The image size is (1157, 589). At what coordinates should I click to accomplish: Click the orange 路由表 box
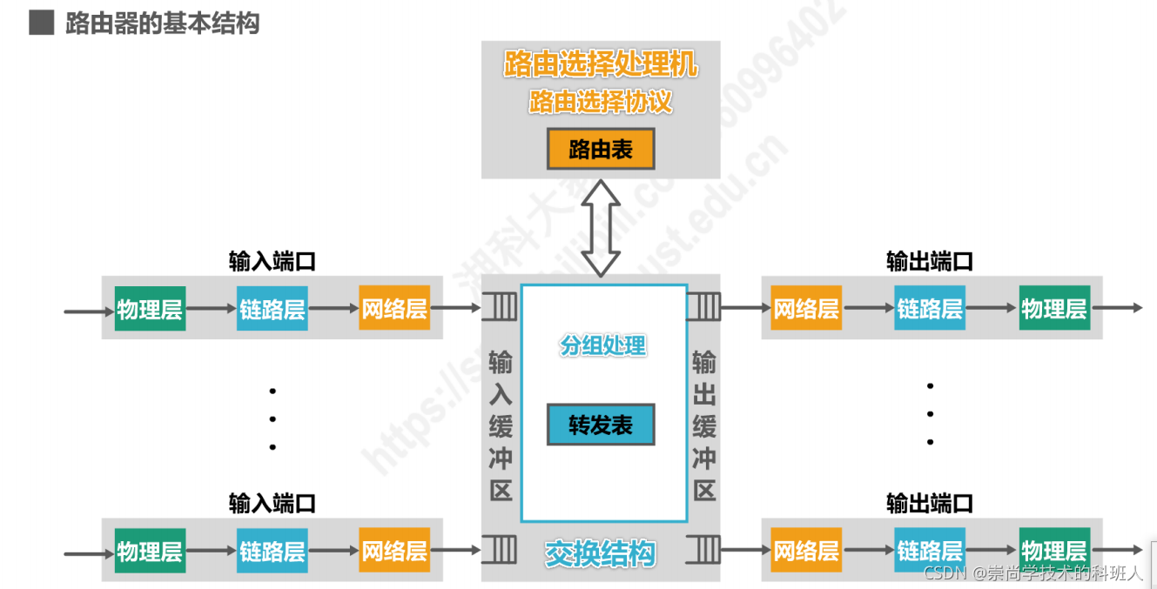[x=601, y=150]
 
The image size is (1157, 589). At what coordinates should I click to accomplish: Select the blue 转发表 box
[x=601, y=425]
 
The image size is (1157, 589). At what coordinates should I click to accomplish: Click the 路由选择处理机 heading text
[x=601, y=64]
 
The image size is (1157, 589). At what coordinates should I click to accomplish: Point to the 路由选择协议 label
[x=601, y=103]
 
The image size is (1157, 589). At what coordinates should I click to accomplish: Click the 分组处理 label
[x=602, y=345]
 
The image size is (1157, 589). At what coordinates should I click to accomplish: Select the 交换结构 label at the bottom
[x=601, y=553]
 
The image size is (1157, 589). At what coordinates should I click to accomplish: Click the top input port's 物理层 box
[x=150, y=308]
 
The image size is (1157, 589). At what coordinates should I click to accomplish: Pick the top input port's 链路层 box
[x=272, y=308]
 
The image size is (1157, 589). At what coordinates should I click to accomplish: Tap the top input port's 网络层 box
[x=395, y=308]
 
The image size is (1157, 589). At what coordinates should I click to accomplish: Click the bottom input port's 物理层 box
[x=150, y=551]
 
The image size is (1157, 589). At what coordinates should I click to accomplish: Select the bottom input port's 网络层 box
[x=395, y=551]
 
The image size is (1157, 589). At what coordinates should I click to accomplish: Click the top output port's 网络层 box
[x=806, y=308]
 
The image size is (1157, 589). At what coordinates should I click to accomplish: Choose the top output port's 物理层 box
[x=1054, y=308]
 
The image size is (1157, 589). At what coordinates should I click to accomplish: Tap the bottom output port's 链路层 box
[x=930, y=551]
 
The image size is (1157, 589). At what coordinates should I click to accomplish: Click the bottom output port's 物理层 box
[x=1054, y=551]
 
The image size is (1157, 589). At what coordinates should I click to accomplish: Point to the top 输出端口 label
[x=930, y=261]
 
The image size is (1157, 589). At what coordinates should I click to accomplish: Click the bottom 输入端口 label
[x=272, y=503]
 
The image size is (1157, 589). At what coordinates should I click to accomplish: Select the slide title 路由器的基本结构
[x=162, y=23]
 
